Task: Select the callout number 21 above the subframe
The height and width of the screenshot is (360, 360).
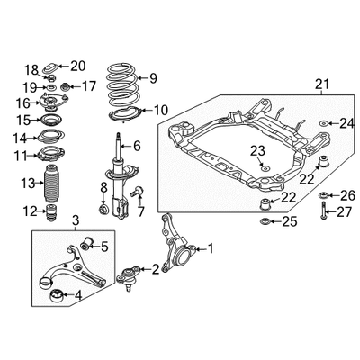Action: point(322,85)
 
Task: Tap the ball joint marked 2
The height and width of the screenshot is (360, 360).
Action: point(129,277)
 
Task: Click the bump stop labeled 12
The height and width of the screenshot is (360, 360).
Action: point(50,212)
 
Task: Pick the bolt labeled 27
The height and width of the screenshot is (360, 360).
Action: point(324,211)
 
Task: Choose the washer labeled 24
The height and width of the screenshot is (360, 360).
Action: point(324,123)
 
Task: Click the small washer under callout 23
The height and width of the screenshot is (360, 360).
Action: point(265,167)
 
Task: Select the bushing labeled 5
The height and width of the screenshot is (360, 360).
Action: point(87,244)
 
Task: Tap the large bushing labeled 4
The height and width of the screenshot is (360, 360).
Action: point(56,296)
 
